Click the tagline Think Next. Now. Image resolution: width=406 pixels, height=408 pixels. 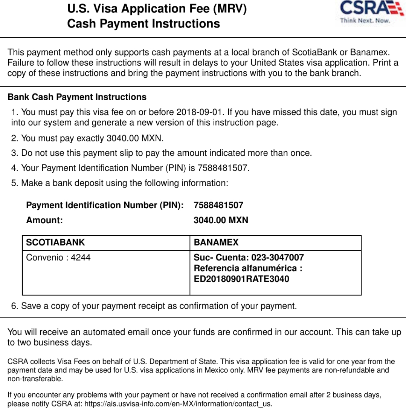[x=365, y=21]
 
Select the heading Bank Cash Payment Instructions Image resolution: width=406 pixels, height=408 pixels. [x=77, y=97]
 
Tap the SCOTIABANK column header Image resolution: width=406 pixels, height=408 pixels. [x=55, y=242]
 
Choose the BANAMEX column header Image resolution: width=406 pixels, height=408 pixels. [x=216, y=242]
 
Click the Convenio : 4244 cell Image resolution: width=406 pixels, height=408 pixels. [x=58, y=258]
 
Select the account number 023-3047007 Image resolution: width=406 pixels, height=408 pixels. [x=278, y=258]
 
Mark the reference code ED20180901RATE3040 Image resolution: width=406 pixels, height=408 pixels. [x=241, y=279]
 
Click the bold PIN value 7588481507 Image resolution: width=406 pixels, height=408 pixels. [x=218, y=206]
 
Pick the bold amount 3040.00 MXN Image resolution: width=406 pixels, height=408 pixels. [x=221, y=220]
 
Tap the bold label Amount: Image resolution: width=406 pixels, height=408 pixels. [x=44, y=220]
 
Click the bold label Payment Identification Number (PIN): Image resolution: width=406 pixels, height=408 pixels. [x=105, y=206]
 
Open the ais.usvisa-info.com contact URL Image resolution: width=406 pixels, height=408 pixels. [x=189, y=404]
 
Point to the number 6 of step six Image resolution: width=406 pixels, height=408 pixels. [x=14, y=306]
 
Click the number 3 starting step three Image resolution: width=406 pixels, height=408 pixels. [x=14, y=153]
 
